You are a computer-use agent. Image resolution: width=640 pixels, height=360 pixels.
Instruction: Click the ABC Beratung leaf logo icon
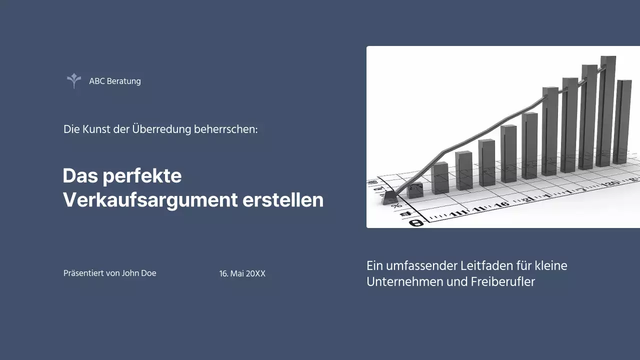click(74, 81)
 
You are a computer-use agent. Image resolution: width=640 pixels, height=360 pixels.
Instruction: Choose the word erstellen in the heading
click(283, 200)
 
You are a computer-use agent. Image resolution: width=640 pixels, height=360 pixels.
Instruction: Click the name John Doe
click(139, 273)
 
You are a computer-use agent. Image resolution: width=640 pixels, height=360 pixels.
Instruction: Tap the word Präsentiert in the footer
click(83, 273)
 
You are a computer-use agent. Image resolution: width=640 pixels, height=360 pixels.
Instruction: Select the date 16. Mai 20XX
click(242, 274)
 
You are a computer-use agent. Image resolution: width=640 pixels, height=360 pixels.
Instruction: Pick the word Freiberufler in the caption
click(502, 281)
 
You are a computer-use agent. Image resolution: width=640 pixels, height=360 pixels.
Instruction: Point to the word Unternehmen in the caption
click(405, 281)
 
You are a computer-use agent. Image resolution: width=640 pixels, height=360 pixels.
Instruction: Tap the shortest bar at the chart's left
click(415, 190)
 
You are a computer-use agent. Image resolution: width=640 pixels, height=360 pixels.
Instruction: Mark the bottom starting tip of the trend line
click(390, 198)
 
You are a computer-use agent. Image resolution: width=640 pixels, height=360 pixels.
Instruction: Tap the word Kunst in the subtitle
click(95, 129)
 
